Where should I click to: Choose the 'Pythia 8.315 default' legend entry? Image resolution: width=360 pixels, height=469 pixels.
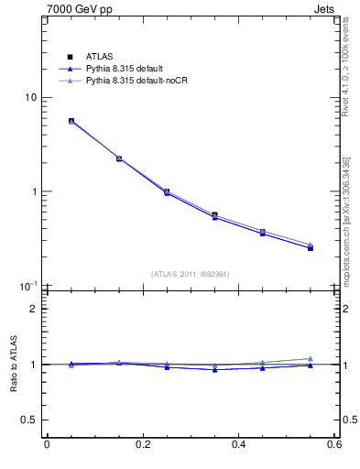point(123,69)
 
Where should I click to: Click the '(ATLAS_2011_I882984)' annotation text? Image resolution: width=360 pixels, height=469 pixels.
point(191,273)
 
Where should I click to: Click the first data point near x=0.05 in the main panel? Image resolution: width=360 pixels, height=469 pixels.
point(71,121)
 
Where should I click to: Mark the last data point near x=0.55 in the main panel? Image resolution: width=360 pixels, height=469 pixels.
point(311,247)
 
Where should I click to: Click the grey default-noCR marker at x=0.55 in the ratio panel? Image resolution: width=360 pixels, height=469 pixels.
point(311,358)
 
